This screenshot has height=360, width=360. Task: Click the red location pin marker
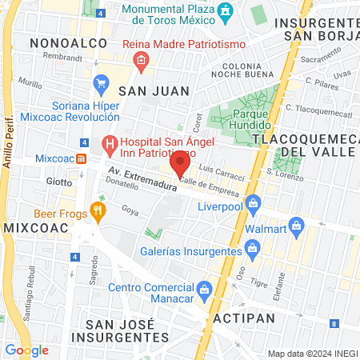[180, 165]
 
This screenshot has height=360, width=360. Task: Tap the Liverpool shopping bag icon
[254, 202]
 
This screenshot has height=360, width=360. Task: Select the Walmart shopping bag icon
[297, 226]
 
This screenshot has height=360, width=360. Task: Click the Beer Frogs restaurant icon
[98, 212]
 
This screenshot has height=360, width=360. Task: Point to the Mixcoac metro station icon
[82, 158]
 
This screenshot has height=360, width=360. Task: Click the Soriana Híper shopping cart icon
[101, 83]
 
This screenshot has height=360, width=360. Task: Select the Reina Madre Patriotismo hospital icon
[142, 58]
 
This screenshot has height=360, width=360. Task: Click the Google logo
[27, 350]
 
